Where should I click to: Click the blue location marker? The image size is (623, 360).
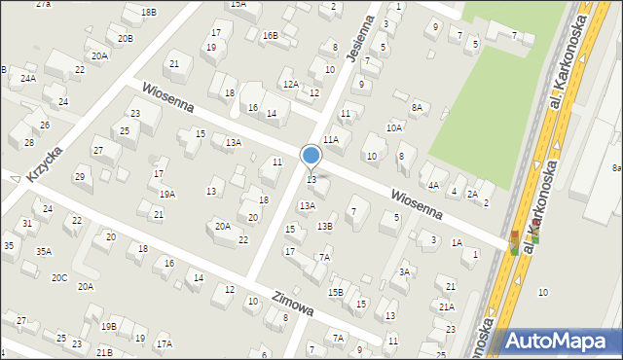[x=311, y=156]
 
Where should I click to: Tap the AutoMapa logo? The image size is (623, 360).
[x=560, y=341]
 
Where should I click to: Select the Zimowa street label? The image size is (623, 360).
[x=293, y=305]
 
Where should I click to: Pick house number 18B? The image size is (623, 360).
[x=148, y=12]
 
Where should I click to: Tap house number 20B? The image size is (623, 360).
[x=126, y=39]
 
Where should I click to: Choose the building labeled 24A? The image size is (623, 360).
[x=28, y=78]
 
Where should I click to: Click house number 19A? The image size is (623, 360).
[x=167, y=195]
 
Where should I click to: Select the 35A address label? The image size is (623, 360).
[x=44, y=251]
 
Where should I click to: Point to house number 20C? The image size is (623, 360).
[x=59, y=278]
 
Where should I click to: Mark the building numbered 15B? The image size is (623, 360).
[x=335, y=292]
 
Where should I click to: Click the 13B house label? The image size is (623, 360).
[x=325, y=227]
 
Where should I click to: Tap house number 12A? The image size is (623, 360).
[x=290, y=85]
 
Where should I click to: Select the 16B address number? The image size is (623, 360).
[x=270, y=35]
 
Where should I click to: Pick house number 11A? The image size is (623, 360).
[x=331, y=140]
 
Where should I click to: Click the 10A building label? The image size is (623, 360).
[x=394, y=127]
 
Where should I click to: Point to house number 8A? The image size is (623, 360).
[x=418, y=107]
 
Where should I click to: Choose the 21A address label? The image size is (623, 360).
[x=446, y=306]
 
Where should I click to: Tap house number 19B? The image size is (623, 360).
[x=108, y=327]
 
